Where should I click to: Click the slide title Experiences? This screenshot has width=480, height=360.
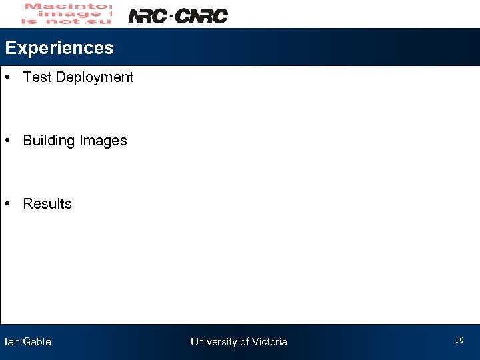point(59,48)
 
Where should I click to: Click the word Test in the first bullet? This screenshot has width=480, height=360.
point(37,77)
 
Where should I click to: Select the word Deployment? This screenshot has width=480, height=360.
point(95,77)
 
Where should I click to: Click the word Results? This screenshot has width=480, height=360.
point(47,204)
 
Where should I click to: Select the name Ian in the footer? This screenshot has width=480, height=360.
point(12,342)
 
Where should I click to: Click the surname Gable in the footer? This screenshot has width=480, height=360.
point(37,342)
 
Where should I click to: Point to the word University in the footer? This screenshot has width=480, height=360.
point(214,342)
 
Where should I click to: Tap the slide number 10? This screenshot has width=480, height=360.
point(459,341)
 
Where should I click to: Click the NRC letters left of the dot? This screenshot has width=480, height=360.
point(147,15)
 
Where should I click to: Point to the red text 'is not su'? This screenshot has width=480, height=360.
point(67,21)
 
